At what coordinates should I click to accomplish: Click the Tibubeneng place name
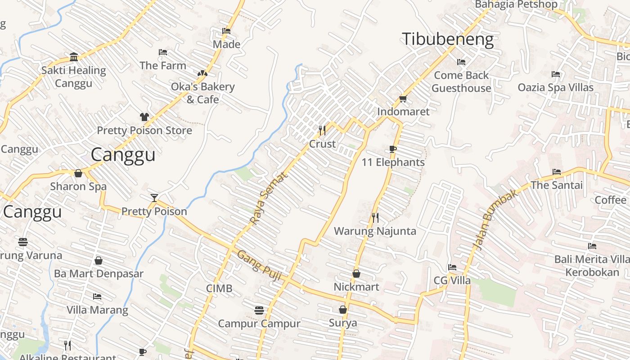coord(447,40)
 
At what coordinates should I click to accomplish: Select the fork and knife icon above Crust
coord(322,130)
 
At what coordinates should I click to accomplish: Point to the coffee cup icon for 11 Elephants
coord(393,149)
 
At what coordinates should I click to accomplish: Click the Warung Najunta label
coord(375,231)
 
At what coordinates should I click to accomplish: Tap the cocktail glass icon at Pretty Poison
coord(154,198)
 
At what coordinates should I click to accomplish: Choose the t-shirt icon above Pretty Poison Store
coord(144,117)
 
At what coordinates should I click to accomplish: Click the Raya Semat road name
coord(268,199)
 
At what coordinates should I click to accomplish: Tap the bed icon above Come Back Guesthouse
coord(461,62)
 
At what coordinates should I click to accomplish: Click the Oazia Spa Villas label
coord(555,87)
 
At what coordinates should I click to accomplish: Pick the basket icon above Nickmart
coord(356,274)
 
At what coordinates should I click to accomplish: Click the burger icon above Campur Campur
coord(259,310)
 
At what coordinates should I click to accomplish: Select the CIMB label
coord(219,288)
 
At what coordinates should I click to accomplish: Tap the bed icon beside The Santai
coord(557,172)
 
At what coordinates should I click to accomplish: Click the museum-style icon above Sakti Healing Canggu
coord(74,57)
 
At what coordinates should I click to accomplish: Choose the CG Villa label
coord(452,281)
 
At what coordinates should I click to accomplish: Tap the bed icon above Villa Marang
coord(97,297)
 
